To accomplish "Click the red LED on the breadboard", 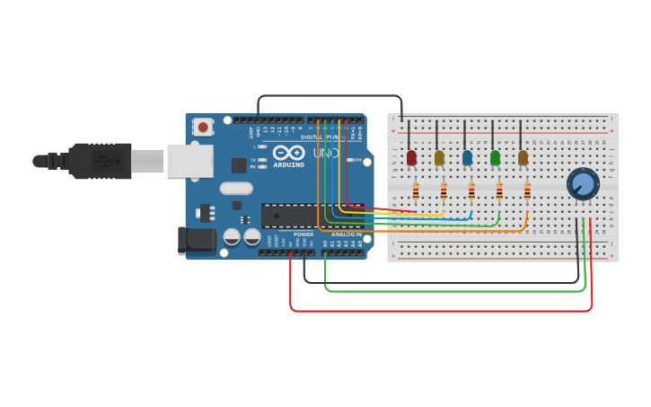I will tap(411, 158).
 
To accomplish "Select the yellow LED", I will tap(439, 158).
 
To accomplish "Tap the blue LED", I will tap(467, 158).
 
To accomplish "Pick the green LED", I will tap(495, 158).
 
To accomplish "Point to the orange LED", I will tap(523, 158).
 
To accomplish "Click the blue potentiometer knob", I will tap(583, 184).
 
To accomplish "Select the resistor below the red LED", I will tap(416, 190).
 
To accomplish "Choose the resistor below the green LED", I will tap(499, 190).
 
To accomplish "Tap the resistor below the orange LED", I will tap(527, 190).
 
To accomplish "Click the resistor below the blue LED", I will tap(471, 190).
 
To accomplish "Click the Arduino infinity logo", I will tap(289, 153).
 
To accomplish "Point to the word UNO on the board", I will tap(325, 154).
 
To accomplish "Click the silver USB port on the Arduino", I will tap(189, 161).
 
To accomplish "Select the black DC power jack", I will tap(197, 240).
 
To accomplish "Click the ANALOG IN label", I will tap(345, 234).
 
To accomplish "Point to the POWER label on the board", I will tap(303, 234).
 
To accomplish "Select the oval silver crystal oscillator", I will tap(236, 189).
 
